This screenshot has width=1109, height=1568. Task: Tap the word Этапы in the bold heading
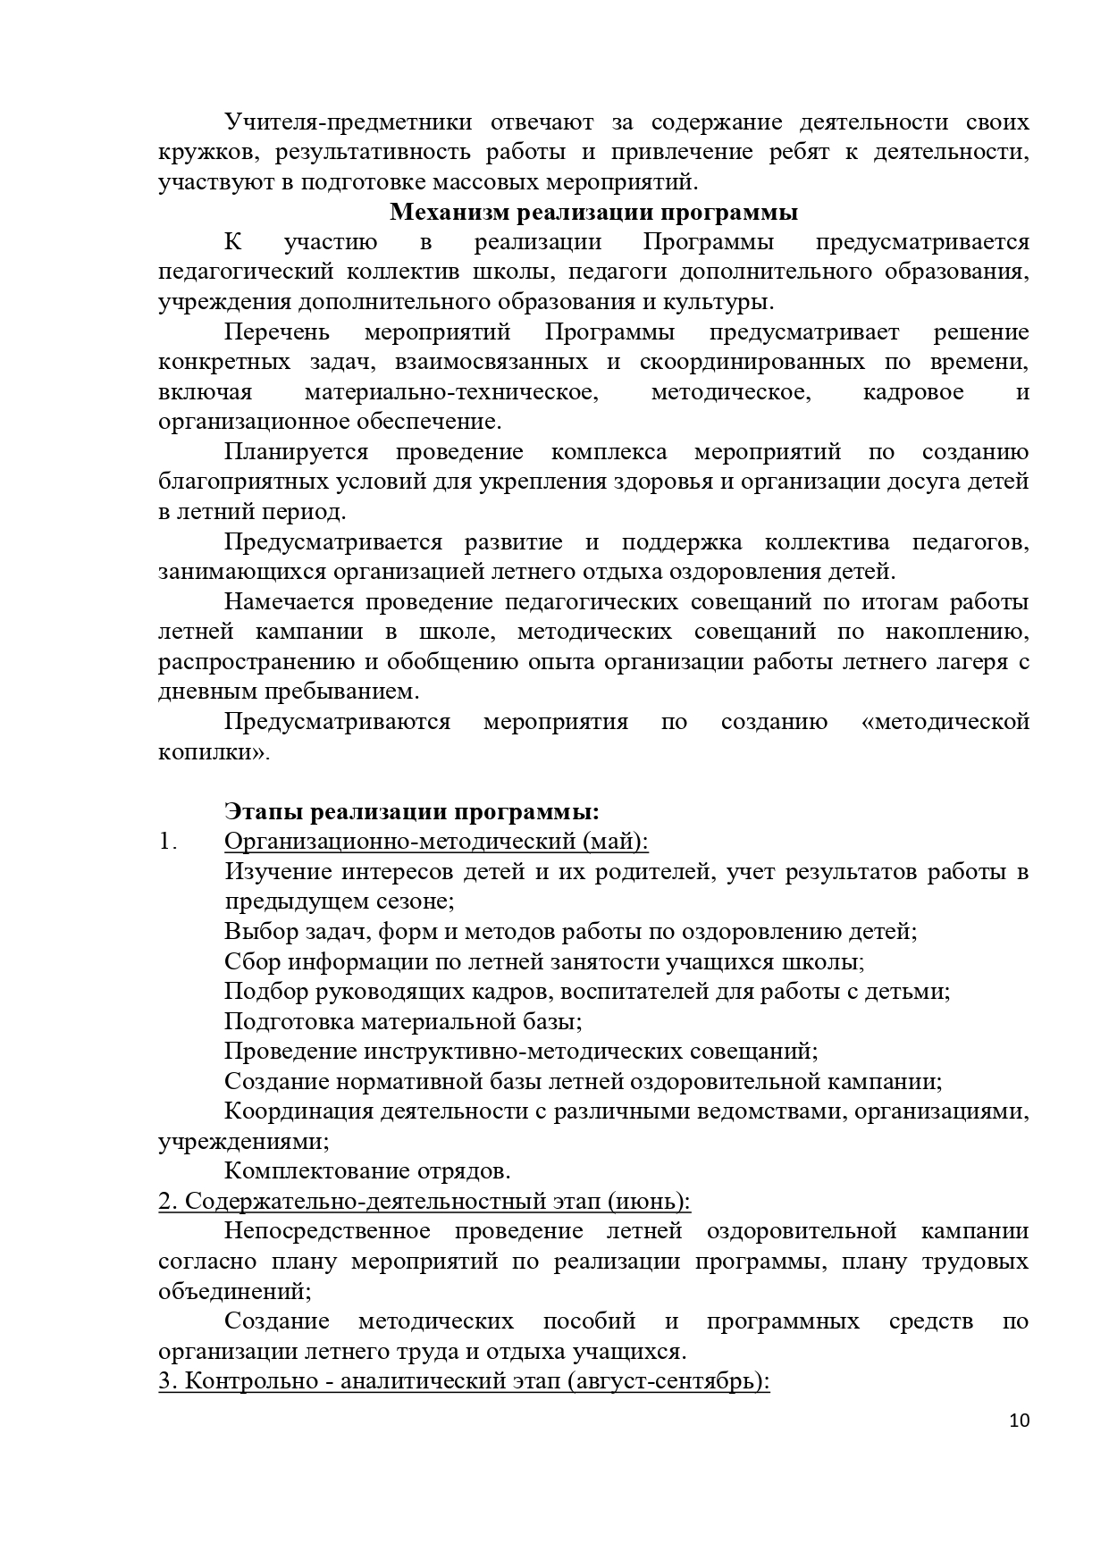click(265, 812)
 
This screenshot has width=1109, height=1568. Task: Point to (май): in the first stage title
click(617, 842)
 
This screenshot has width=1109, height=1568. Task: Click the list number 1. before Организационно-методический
click(167, 842)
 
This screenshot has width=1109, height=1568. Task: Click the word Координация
click(298, 1111)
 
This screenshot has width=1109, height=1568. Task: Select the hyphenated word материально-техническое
click(450, 392)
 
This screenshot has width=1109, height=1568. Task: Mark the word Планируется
click(296, 452)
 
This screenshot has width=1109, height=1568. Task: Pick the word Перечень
click(277, 332)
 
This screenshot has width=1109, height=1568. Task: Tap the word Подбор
click(263, 992)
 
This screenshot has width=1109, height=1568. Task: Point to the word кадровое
click(913, 392)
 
